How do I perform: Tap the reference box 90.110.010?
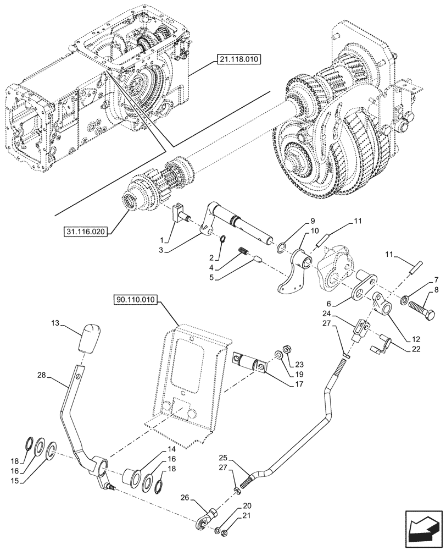click(x=136, y=300)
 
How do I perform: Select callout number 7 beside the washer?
click(x=435, y=280)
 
